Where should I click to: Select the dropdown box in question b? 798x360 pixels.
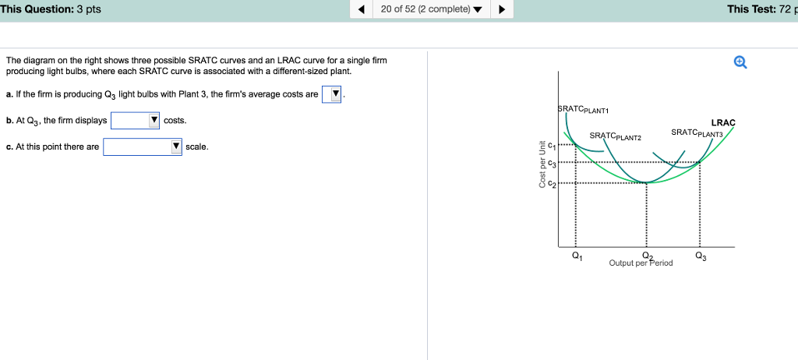click(x=136, y=121)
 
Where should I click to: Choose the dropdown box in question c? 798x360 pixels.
click(x=143, y=147)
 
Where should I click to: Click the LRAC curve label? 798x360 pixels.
click(x=723, y=122)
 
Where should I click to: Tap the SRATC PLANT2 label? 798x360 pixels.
click(x=615, y=136)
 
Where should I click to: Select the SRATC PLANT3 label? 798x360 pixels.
click(x=697, y=132)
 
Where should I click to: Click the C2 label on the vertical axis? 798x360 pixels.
click(x=552, y=183)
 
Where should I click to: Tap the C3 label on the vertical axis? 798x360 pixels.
click(x=552, y=164)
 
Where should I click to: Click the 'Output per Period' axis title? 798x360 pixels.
click(x=641, y=263)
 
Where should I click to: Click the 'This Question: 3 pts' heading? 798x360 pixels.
click(x=51, y=9)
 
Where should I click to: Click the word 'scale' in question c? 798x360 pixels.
click(x=196, y=147)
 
